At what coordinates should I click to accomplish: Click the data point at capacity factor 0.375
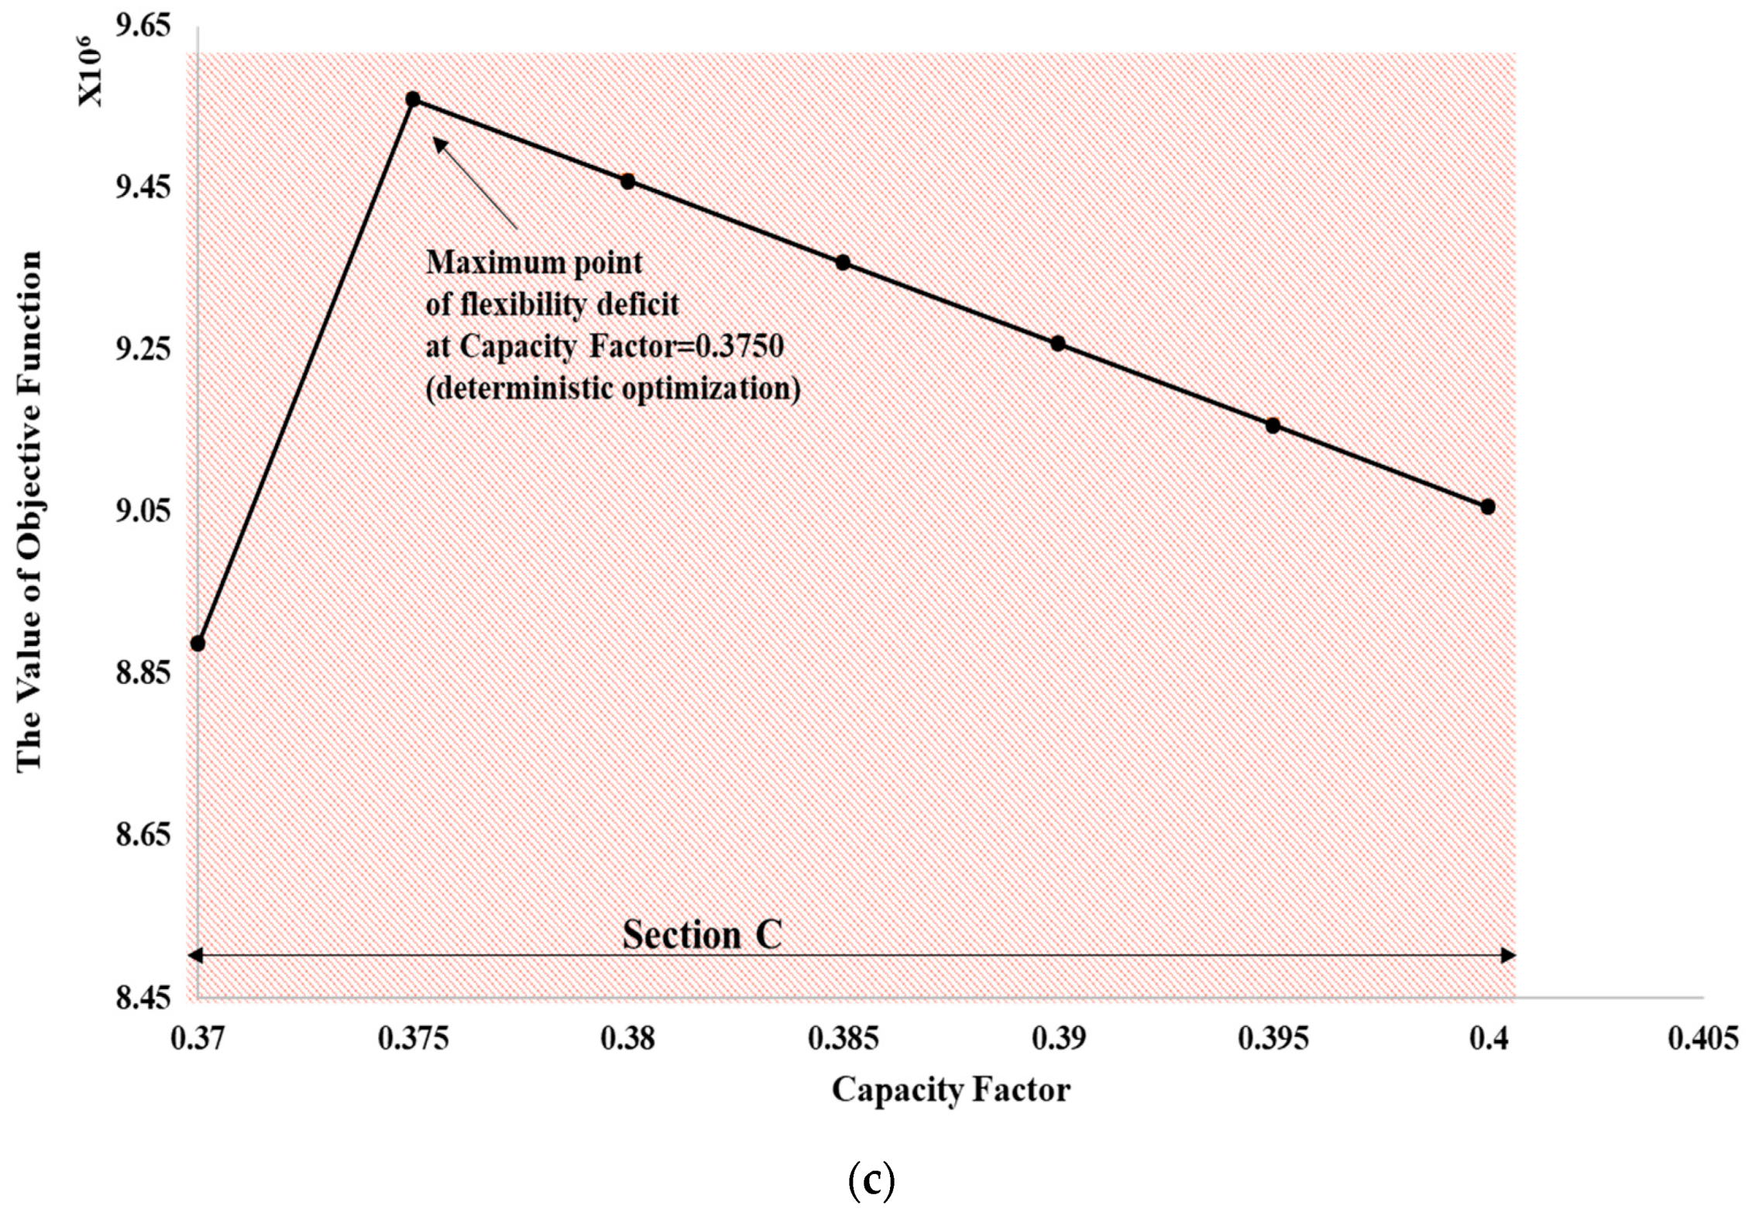(413, 99)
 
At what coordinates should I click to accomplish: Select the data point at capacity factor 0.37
(198, 644)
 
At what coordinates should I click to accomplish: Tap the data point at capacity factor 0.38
(628, 181)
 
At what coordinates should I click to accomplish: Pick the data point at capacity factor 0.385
(843, 263)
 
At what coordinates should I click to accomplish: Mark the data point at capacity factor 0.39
(1058, 344)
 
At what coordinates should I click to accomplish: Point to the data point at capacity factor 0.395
(1273, 425)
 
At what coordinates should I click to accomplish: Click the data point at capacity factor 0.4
(1487, 506)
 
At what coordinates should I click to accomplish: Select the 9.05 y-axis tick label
(143, 511)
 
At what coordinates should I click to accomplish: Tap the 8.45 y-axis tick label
(143, 998)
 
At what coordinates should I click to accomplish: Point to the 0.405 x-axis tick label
(1703, 1039)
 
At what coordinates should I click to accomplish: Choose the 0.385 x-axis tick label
(843, 1039)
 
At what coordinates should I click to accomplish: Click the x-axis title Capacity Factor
(950, 1090)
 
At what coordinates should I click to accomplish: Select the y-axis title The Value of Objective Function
(29, 511)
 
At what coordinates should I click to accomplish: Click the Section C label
(702, 935)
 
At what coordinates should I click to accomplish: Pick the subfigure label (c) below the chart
(871, 1180)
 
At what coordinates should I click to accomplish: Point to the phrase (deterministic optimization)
(613, 388)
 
